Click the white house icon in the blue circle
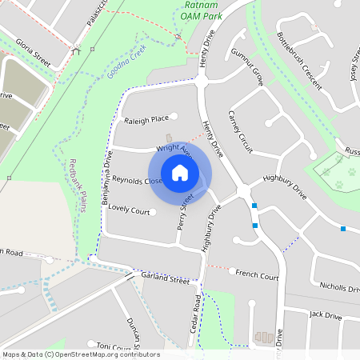coord(180,173)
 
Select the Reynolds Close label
coord(136,181)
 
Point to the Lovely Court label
coord(130,211)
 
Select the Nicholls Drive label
coord(339,286)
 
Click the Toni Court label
coord(113,346)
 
